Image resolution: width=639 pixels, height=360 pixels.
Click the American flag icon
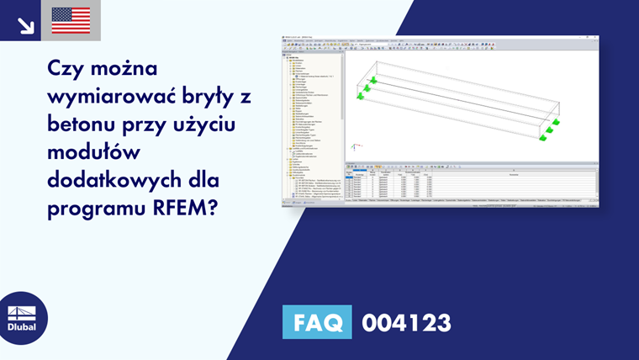(x=71, y=20)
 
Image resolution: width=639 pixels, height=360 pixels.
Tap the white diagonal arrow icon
(x=25, y=25)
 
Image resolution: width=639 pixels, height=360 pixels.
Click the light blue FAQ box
(x=317, y=323)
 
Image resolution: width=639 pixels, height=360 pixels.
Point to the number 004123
(x=406, y=323)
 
